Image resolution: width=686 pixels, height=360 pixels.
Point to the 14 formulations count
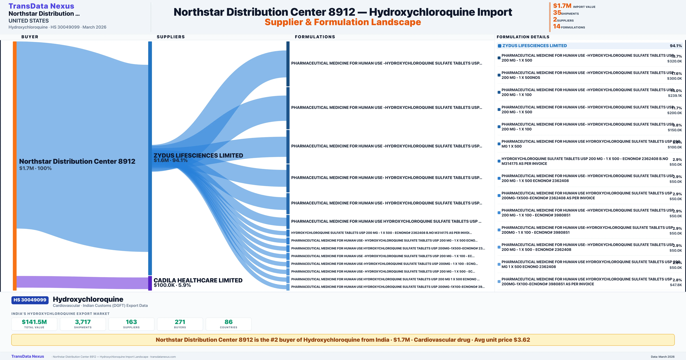tap(557, 26)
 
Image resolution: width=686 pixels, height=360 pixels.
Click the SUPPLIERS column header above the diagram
tap(170, 37)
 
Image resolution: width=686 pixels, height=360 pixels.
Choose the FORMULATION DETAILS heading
tap(523, 37)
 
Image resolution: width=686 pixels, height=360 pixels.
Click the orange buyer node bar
tap(15, 165)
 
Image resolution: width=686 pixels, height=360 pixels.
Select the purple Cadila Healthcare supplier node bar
tap(150, 283)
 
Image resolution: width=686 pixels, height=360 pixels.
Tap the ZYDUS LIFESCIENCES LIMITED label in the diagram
tap(198, 156)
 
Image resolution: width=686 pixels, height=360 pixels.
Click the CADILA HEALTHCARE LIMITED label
tap(198, 280)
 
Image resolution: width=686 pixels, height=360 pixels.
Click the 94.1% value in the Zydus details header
tap(676, 46)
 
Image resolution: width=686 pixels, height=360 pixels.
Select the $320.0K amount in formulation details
tap(674, 61)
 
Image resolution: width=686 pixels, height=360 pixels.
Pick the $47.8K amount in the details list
tap(676, 285)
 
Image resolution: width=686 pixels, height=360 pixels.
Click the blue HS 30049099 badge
tap(30, 300)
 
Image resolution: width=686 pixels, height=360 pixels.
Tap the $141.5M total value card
tap(34, 324)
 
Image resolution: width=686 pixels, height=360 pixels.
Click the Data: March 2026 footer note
tap(663, 357)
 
